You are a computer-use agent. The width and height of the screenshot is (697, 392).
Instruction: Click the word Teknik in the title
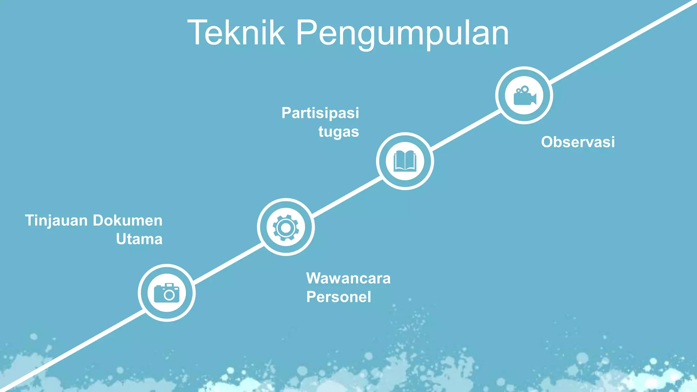tap(236, 33)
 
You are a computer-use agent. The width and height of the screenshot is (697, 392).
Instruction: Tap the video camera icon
tap(524, 96)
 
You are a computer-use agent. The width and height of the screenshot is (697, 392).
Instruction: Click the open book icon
tap(405, 161)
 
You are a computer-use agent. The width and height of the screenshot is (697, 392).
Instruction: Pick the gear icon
tap(286, 227)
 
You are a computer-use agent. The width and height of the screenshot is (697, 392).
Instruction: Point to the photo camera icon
tap(167, 293)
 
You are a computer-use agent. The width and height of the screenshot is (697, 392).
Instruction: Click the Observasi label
tap(578, 142)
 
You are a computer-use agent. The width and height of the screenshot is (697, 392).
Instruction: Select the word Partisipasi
tap(320, 113)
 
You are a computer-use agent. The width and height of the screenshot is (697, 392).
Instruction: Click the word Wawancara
tap(348, 278)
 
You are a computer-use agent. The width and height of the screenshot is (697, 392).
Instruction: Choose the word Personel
tap(339, 297)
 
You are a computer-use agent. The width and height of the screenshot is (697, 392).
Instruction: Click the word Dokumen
tap(128, 220)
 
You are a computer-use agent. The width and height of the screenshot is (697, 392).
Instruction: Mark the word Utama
tap(139, 239)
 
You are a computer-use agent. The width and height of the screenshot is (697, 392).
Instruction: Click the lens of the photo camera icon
tap(169, 295)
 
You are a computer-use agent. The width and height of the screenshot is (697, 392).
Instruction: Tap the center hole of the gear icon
tap(286, 228)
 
